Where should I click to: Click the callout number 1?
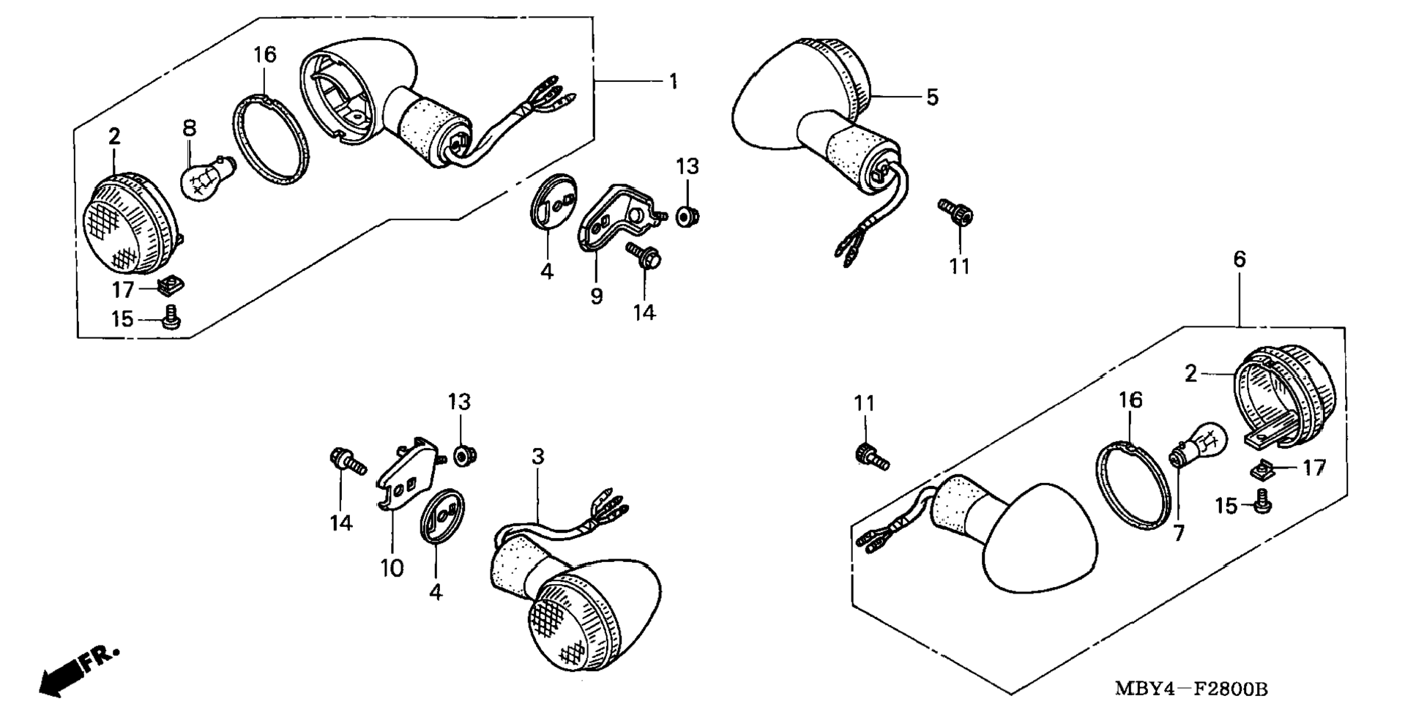pos(673,81)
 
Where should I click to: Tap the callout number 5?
pos(931,97)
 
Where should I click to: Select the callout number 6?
pos(1239,259)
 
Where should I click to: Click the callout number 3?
pos(538,457)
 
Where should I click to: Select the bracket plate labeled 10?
pos(406,479)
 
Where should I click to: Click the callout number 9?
pos(597,296)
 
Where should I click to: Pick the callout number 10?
pos(392,568)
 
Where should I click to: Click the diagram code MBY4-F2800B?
pos(1191,689)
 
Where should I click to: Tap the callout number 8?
pos(189,129)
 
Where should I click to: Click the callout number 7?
pos(1178,534)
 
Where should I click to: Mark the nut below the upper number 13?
pos(687,217)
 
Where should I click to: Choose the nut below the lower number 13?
pos(462,456)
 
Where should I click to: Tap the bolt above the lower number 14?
pos(346,461)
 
